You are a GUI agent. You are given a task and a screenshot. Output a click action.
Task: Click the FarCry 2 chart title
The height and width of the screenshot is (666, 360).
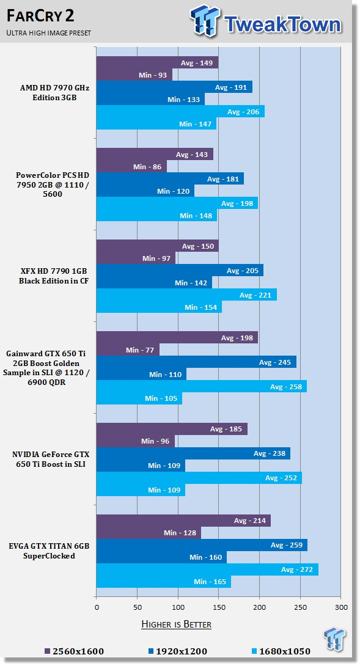(x=40, y=16)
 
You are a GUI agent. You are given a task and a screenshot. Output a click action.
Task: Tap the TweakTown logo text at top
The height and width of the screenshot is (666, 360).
(x=282, y=24)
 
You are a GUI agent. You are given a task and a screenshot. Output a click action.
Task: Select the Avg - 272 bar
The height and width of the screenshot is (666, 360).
(x=207, y=569)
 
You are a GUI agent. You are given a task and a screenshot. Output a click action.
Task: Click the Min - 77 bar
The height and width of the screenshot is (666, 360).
(x=128, y=350)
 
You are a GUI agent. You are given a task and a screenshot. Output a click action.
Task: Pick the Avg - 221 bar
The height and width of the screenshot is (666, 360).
(x=186, y=295)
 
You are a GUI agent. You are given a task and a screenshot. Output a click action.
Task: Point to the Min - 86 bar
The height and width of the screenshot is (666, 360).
(x=132, y=166)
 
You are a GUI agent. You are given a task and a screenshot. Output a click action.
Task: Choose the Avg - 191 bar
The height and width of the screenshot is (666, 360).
(x=174, y=87)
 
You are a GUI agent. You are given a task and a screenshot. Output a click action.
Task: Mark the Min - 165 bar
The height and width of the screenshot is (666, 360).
(x=164, y=582)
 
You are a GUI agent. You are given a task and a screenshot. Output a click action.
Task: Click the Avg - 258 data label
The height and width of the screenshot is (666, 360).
(x=286, y=387)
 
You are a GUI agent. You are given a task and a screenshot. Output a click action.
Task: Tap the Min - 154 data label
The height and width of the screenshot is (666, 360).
(x=201, y=307)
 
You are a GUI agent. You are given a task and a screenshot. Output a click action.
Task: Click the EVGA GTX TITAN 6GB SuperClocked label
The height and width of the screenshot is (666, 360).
(x=49, y=551)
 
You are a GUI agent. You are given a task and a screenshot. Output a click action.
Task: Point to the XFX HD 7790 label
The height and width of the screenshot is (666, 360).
(x=54, y=276)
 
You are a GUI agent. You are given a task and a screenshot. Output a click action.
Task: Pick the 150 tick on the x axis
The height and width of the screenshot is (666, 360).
(x=219, y=607)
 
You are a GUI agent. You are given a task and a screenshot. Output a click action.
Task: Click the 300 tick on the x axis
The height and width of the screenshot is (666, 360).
(x=341, y=607)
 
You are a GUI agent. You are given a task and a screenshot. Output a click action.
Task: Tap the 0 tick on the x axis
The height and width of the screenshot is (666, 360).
(x=97, y=607)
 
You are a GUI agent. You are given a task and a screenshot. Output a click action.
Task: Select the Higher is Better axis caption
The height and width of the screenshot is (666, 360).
(x=176, y=624)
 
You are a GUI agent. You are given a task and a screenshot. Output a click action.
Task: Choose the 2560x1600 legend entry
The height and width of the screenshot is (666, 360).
(x=74, y=651)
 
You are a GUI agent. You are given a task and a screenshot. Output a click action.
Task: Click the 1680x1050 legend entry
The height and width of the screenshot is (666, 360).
(x=280, y=651)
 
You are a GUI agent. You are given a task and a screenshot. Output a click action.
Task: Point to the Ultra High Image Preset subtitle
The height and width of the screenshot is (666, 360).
(x=48, y=33)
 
